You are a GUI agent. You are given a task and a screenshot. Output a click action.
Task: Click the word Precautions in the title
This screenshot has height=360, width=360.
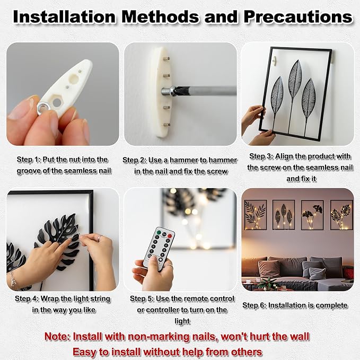[298, 17]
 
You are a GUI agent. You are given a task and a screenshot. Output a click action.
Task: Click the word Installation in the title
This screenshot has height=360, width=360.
[64, 17]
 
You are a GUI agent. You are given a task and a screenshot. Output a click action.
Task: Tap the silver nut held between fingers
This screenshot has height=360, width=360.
[43, 109]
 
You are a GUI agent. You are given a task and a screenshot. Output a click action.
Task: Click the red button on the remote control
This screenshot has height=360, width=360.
[170, 236]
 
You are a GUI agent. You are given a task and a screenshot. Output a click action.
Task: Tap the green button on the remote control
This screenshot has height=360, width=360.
[158, 232]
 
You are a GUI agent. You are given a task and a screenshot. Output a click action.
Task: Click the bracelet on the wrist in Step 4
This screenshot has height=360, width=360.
[12, 280]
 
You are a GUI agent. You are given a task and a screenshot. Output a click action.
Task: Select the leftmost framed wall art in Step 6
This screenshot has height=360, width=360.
[256, 215]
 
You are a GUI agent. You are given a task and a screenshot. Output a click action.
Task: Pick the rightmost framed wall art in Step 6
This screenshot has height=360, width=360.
[341, 215]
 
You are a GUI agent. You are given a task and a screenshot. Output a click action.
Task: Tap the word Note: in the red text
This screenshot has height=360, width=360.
[57, 337]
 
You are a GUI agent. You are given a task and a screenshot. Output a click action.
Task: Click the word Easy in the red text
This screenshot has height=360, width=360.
[84, 352]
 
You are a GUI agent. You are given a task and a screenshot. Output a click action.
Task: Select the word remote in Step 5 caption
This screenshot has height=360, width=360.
[196, 298]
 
